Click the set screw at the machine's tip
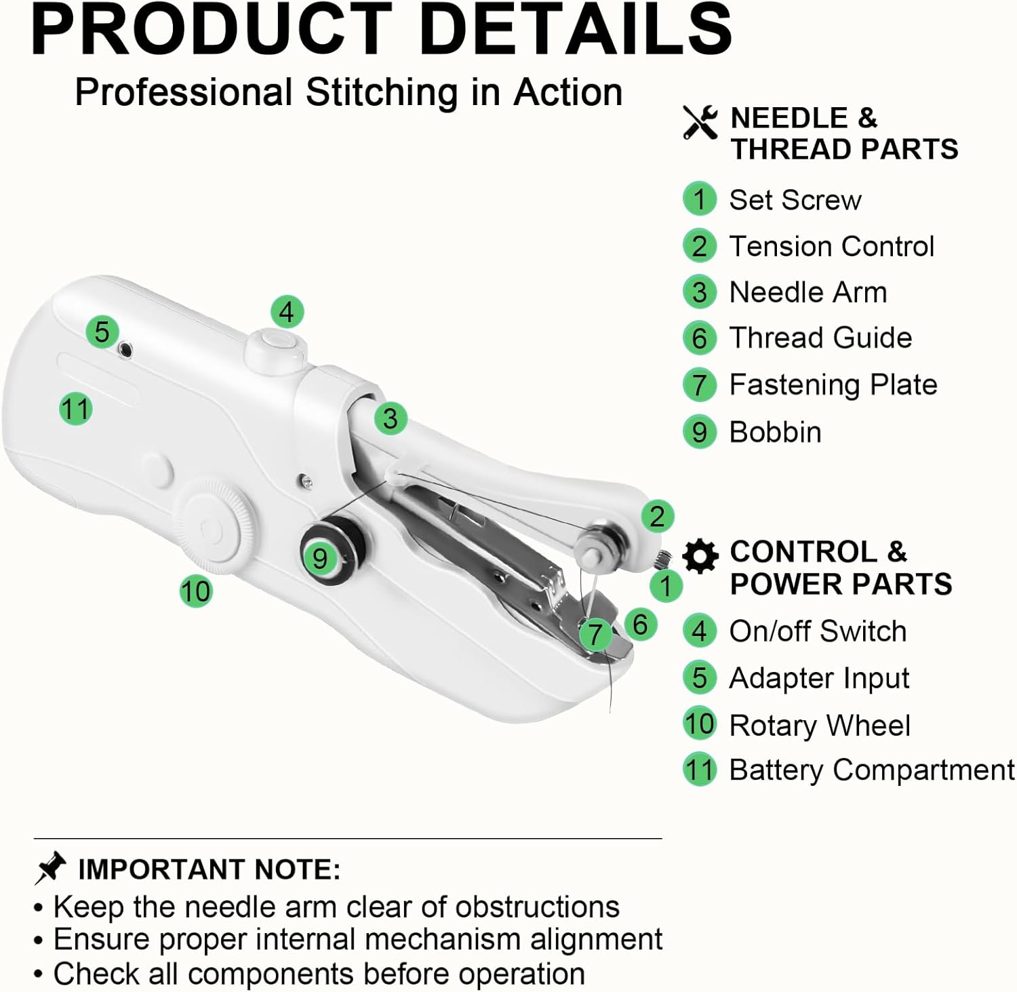click(x=662, y=560)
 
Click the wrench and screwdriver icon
click(x=700, y=122)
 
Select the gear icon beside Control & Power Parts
click(x=700, y=557)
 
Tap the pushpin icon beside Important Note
click(x=50, y=869)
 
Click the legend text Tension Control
click(x=831, y=246)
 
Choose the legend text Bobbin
click(x=775, y=432)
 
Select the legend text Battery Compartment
click(x=872, y=770)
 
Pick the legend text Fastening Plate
click(x=833, y=384)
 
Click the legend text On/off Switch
click(x=818, y=631)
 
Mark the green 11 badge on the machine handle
click(x=75, y=409)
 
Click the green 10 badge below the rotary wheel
click(x=195, y=591)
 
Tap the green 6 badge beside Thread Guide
click(x=700, y=338)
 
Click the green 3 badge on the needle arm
click(x=391, y=418)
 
